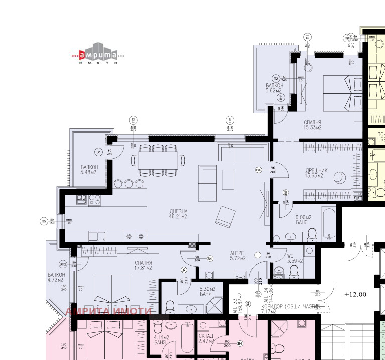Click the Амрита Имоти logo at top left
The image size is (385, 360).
point(97,56)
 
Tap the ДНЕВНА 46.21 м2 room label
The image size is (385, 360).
point(178,214)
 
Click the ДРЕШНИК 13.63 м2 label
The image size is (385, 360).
point(316,173)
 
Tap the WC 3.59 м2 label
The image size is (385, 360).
point(294,258)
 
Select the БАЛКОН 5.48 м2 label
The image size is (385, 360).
point(88,170)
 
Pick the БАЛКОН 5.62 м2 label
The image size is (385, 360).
point(275,88)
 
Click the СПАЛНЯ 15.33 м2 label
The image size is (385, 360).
point(312,125)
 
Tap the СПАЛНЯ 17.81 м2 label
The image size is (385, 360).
point(143,265)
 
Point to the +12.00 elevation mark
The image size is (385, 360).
point(355,295)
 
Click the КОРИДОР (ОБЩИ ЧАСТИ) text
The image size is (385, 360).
point(287,306)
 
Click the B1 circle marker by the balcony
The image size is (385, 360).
point(98,152)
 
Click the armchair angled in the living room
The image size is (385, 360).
point(225,217)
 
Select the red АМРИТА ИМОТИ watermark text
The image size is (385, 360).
point(108,311)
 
